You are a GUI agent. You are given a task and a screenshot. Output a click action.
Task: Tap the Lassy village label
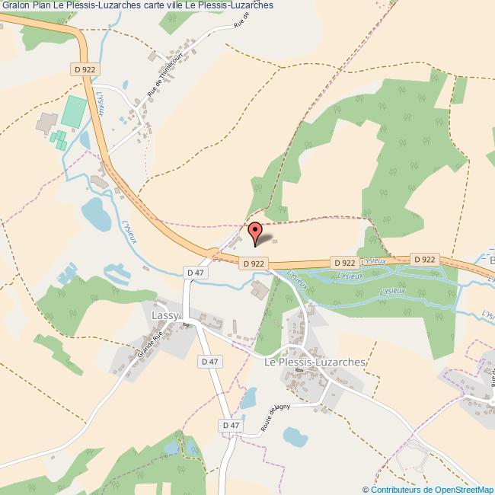coord(165,315)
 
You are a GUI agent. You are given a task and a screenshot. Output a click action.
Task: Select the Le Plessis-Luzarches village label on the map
coord(314,363)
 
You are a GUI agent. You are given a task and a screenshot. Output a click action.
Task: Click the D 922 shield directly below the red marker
coord(254,263)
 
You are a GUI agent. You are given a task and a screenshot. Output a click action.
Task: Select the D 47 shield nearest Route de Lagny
coord(231,425)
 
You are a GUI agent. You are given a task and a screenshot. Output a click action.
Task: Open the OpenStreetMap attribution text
coord(428,489)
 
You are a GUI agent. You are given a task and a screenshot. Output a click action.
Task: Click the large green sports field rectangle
coord(74,111)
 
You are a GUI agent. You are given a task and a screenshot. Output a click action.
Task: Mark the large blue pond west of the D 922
coord(96,214)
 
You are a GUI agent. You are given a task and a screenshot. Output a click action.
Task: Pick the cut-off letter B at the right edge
coord(491,260)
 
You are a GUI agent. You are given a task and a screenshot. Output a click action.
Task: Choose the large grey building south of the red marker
coord(260,289)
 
